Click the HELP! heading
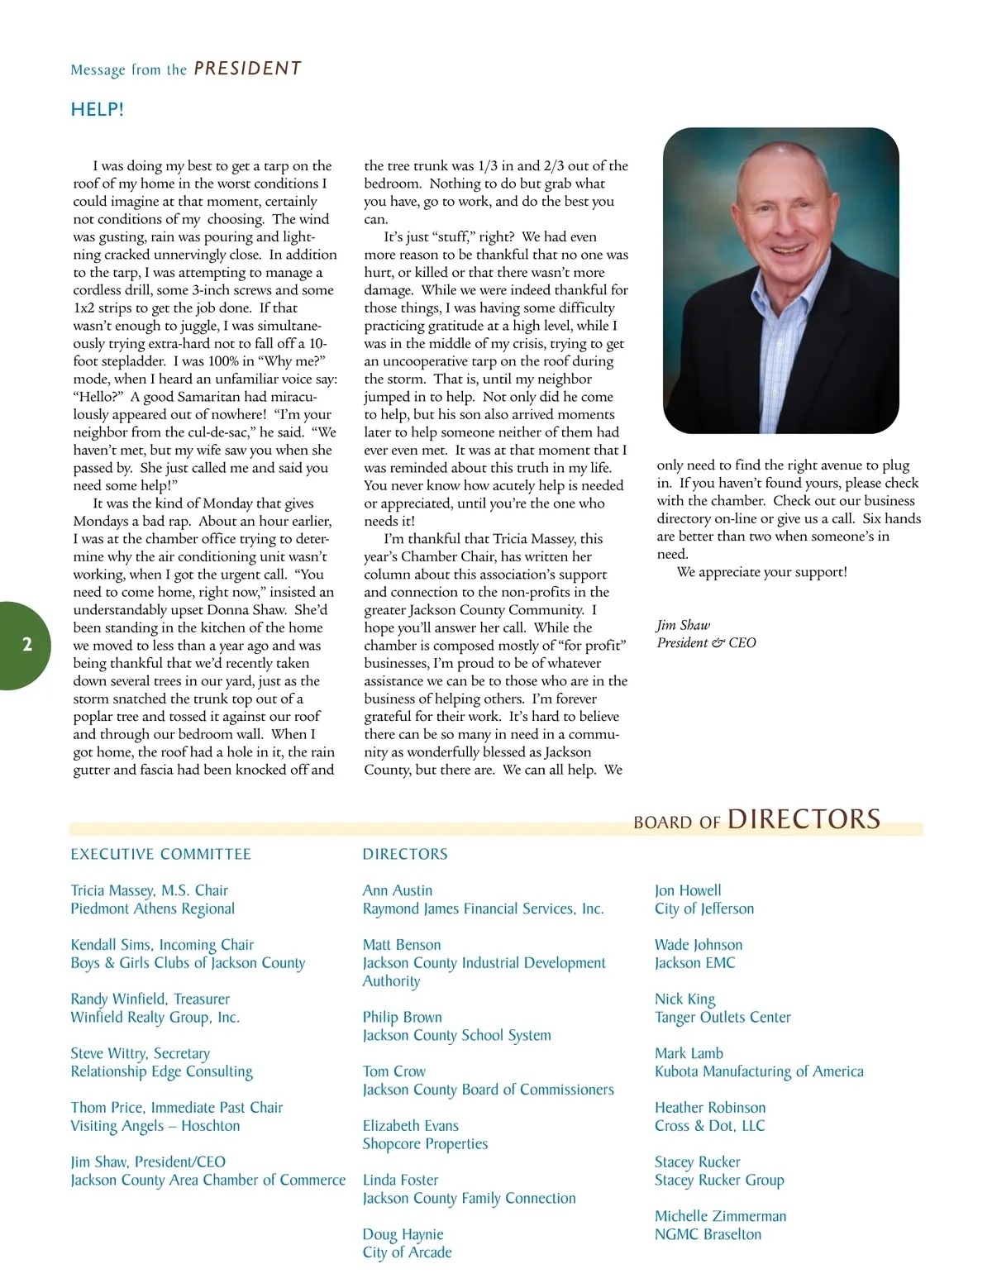click(x=97, y=109)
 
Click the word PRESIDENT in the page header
click(x=248, y=69)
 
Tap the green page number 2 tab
click(x=26, y=645)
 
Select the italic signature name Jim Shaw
click(x=683, y=625)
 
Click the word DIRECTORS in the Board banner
click(x=804, y=818)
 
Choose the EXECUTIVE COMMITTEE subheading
click(x=160, y=854)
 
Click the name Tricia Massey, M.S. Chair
click(x=149, y=890)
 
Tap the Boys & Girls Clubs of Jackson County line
click(x=188, y=963)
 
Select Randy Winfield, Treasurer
click(x=150, y=999)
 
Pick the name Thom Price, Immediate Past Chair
click(x=176, y=1108)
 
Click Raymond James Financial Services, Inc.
click(x=483, y=909)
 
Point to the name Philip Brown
click(x=402, y=1017)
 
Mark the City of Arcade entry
click(x=407, y=1252)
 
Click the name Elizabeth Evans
click(x=410, y=1126)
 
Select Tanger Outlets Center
click(x=723, y=1018)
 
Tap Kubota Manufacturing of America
click(x=759, y=1071)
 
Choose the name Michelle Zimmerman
click(x=720, y=1216)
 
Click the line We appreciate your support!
click(x=761, y=572)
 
